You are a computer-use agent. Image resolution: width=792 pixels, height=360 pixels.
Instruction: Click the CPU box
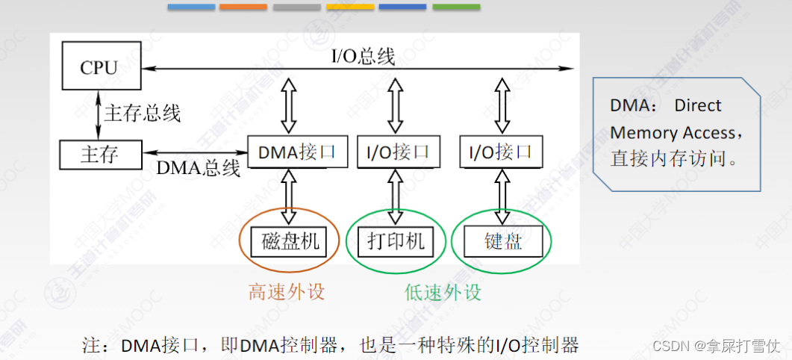[x=99, y=68]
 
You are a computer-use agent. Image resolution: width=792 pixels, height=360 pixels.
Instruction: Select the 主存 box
[x=99, y=155]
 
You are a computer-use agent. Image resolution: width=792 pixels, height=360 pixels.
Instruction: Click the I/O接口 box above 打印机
[x=397, y=153]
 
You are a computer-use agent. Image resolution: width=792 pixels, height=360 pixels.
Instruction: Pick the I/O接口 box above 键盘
[x=501, y=153]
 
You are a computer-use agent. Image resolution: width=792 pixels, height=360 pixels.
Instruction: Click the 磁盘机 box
[x=290, y=241]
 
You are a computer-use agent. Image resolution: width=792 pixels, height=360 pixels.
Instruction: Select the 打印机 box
[x=396, y=241]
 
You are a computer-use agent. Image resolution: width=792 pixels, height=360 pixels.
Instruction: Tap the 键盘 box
[x=502, y=241]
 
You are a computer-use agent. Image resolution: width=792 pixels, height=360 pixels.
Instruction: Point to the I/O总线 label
[x=363, y=56]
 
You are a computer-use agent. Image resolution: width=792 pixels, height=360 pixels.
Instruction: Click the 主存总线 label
[x=142, y=113]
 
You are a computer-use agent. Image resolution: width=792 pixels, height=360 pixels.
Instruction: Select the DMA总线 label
[x=198, y=168]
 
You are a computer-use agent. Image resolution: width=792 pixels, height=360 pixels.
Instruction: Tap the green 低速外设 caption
[x=443, y=291]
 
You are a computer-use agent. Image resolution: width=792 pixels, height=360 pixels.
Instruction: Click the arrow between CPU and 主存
[x=99, y=112]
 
